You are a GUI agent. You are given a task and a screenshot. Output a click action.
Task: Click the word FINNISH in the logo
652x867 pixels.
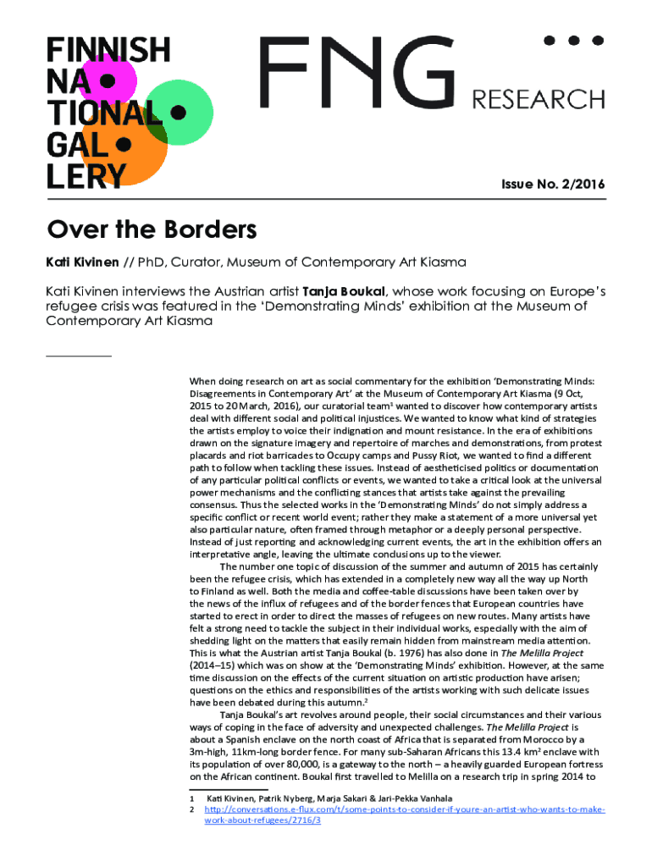coord(107,49)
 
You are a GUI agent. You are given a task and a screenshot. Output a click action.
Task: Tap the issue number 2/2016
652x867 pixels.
coord(583,185)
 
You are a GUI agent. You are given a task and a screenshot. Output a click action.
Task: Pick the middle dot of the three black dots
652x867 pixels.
coord(573,40)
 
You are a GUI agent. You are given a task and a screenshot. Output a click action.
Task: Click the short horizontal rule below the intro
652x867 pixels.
coord(78,356)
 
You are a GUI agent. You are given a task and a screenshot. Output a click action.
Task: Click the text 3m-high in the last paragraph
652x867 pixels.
coord(211,751)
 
